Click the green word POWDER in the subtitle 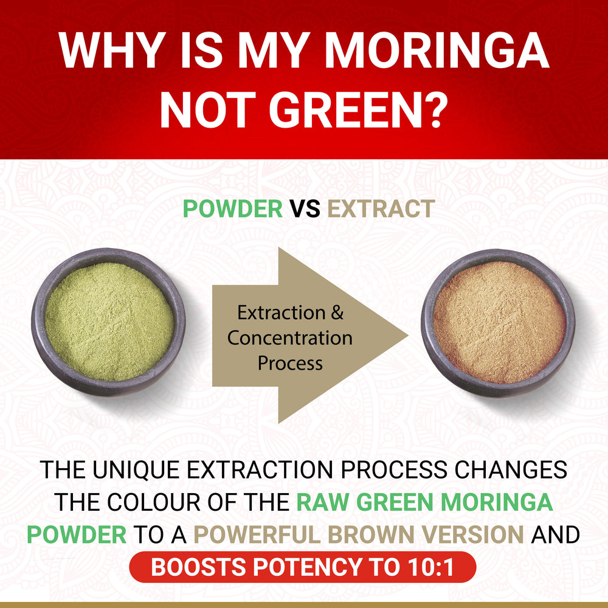[233, 209]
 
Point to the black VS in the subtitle [305, 209]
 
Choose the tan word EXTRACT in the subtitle [381, 209]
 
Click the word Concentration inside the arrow [290, 338]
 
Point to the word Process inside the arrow [290, 363]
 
